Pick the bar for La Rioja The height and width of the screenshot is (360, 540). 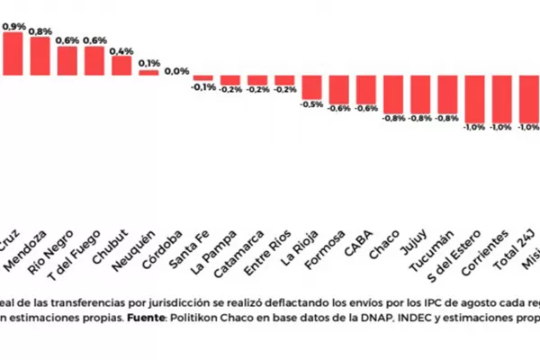pos(312,86)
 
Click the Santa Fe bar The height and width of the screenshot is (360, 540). pos(203,77)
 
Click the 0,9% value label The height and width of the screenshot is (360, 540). pos(13,27)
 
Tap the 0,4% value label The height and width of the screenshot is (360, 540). pos(121,50)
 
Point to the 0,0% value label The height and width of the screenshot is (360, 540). pos(176,70)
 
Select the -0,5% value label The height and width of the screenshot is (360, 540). pos(312,104)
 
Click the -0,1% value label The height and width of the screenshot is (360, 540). pos(203,87)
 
